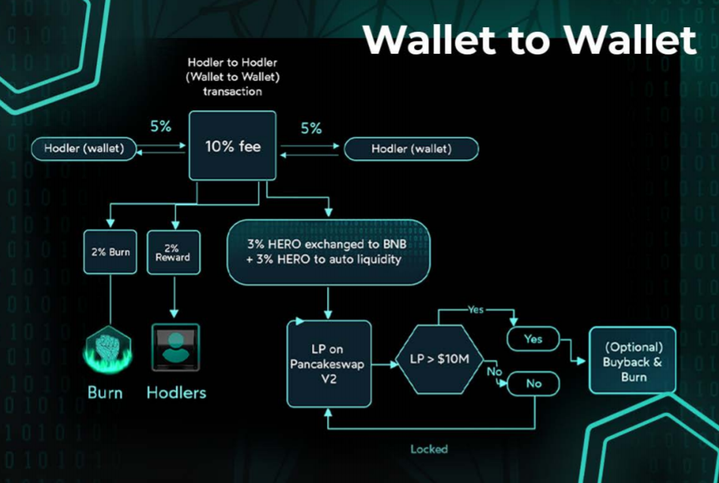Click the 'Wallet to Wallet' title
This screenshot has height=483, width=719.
(x=529, y=39)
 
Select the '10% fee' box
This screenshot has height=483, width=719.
(x=233, y=146)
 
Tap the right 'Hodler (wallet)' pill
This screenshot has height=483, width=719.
(x=411, y=149)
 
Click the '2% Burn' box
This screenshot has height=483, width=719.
(x=110, y=252)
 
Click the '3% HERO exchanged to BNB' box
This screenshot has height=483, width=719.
(x=329, y=252)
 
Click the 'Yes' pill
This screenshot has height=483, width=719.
(x=534, y=339)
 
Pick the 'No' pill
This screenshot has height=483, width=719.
(x=534, y=383)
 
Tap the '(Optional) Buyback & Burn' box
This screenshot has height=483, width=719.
(x=633, y=360)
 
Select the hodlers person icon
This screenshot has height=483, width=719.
(x=175, y=347)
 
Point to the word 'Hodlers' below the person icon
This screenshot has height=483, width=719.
(x=176, y=392)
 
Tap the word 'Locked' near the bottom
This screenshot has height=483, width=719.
(x=429, y=449)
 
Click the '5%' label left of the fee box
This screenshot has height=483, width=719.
(x=160, y=126)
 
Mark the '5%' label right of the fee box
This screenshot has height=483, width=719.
(x=311, y=128)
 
